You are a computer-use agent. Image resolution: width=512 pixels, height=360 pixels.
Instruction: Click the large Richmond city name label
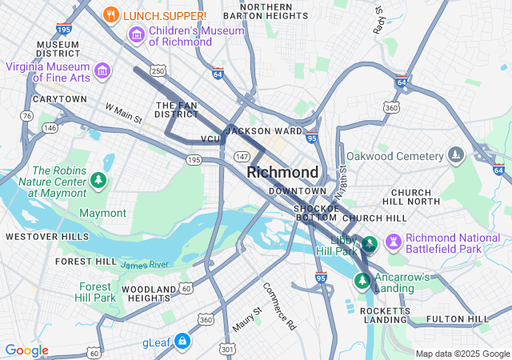point(282,172)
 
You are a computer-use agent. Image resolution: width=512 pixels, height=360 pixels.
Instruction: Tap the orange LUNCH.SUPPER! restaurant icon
point(112,14)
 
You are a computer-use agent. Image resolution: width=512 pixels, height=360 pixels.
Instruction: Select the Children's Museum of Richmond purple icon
point(136,35)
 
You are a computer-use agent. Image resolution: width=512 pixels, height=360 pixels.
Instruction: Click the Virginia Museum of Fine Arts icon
point(102,71)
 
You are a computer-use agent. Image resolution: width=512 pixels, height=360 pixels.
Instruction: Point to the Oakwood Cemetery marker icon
point(456,154)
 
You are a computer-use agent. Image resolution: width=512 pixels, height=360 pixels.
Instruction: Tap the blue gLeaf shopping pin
point(182,342)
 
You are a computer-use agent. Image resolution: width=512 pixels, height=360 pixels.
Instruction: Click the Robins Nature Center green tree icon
point(98,181)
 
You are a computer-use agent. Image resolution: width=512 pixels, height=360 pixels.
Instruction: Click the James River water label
point(145,264)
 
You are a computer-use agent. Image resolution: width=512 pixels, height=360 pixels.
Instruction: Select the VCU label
point(210,139)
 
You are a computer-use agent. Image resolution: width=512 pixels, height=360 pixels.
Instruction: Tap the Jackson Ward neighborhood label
point(264,130)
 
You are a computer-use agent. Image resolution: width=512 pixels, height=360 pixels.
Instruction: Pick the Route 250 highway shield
point(158,72)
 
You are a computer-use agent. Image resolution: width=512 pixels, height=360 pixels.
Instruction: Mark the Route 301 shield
point(227,349)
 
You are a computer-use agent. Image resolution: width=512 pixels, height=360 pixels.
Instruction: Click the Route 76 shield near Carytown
point(26,116)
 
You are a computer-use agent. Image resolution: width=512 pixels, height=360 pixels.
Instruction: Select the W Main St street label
point(123,113)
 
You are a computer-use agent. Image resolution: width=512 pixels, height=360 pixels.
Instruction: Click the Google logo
point(26,350)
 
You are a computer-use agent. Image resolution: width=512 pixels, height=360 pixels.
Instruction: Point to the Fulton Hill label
point(458,319)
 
